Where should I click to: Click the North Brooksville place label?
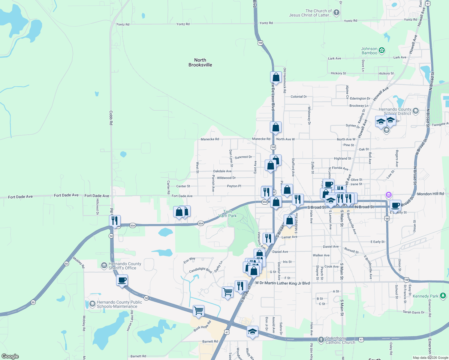point(200,62)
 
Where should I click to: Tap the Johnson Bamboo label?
point(369,51)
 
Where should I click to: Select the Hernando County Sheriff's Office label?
point(125,266)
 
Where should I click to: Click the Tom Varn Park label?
point(228,214)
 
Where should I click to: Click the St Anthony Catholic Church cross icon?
point(321,340)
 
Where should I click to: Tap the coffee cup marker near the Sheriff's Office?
point(122,280)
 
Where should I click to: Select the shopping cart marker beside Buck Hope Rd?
point(198,311)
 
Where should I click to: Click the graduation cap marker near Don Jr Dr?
point(252,331)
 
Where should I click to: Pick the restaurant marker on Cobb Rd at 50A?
point(115,221)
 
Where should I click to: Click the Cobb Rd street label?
point(111,118)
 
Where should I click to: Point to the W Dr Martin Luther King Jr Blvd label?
point(282,283)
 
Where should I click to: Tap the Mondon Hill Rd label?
point(430,194)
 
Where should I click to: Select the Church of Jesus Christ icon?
point(336,12)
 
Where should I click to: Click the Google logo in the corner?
point(10,356)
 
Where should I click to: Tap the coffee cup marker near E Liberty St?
point(395,205)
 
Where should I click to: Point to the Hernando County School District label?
point(395,111)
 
